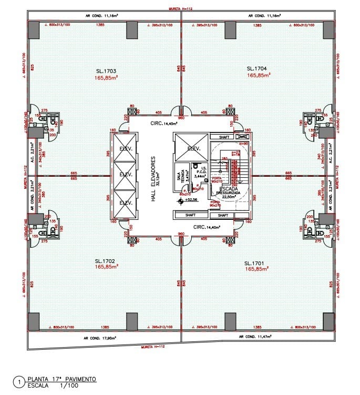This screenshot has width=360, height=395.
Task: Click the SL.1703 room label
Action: [106, 70]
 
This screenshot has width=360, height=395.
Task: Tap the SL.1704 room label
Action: [258, 68]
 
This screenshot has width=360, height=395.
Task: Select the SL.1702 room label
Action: [106, 261]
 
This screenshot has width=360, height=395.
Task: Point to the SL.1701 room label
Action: [256, 262]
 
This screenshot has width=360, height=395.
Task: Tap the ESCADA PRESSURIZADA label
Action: [230, 190]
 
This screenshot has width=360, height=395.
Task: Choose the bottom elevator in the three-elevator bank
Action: [125, 204]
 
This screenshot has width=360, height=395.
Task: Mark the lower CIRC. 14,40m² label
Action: [207, 228]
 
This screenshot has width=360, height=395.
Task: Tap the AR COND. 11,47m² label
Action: [256, 336]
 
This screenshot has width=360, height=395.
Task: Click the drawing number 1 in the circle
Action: [19, 382]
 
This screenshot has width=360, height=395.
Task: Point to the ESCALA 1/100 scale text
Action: [52, 386]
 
